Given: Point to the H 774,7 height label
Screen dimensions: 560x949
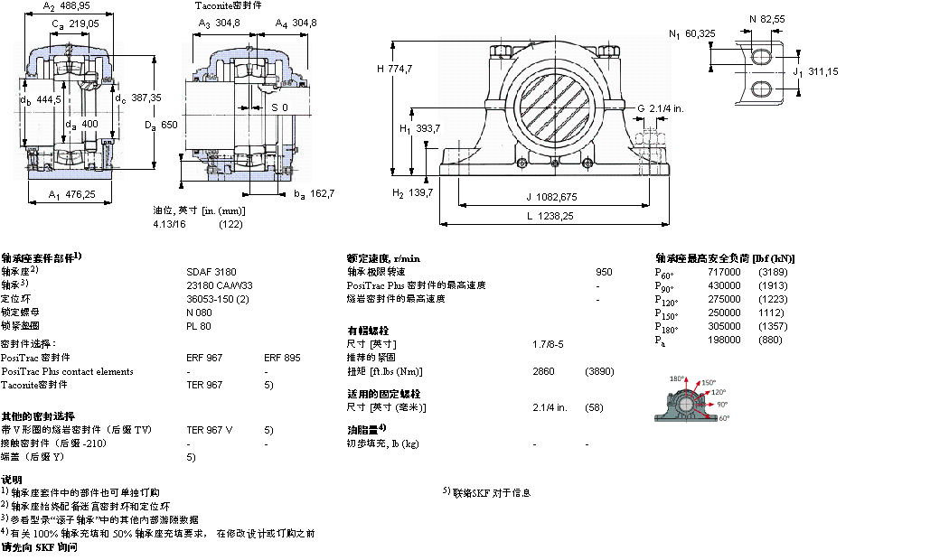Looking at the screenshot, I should click(394, 69).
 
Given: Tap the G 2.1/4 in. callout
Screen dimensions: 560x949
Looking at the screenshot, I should click(660, 108).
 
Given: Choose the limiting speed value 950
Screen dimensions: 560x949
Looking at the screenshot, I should click(604, 271).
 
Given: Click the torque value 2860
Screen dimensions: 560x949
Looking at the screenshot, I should click(544, 371).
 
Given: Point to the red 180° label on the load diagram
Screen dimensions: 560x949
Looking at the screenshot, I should click(677, 379).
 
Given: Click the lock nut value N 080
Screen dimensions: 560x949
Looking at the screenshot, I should click(199, 311).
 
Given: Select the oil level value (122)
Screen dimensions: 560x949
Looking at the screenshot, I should click(231, 223).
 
